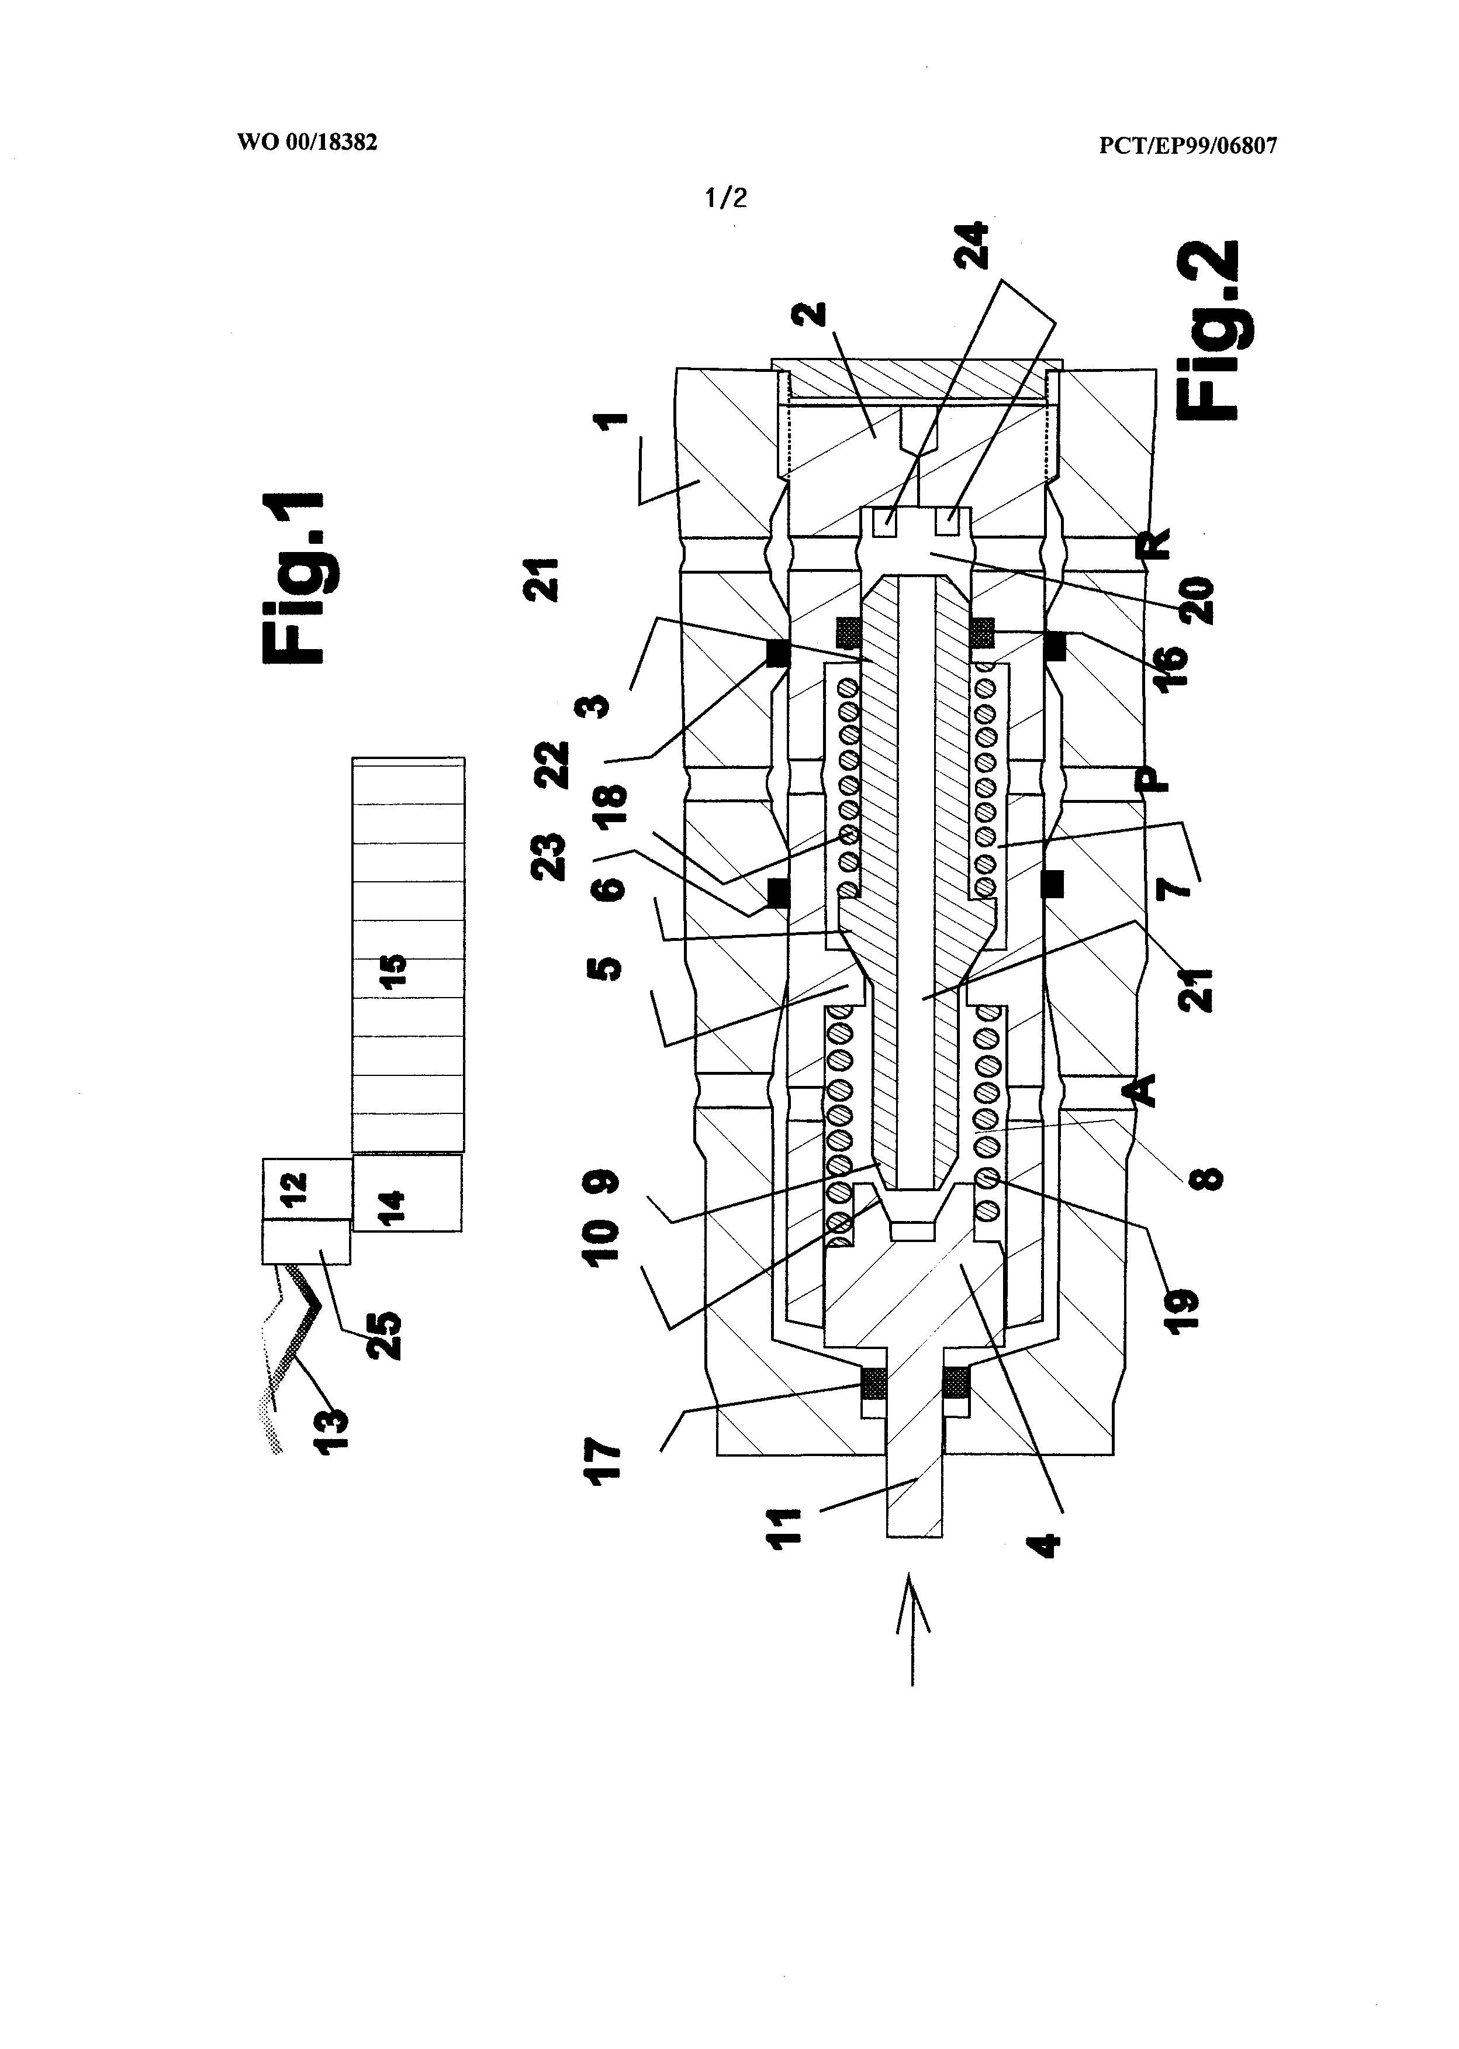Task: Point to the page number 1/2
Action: [x=726, y=198]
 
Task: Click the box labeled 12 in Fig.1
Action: [x=306, y=1189]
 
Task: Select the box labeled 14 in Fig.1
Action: [x=407, y=1192]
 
